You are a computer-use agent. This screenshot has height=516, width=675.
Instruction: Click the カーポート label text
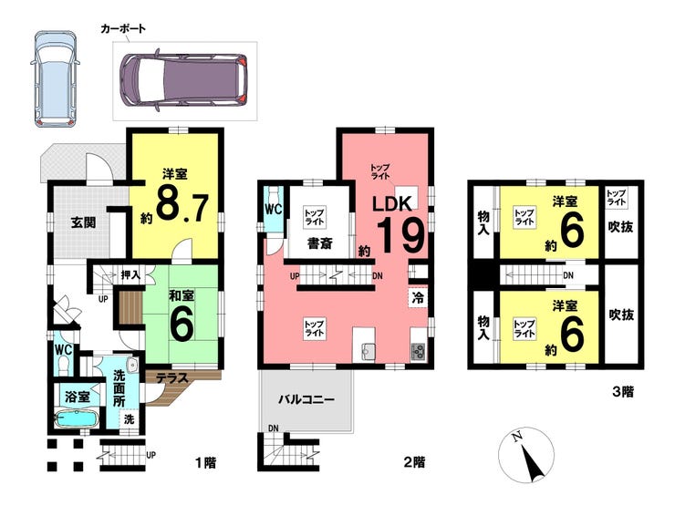(123, 29)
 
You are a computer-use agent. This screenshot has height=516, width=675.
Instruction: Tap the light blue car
(55, 78)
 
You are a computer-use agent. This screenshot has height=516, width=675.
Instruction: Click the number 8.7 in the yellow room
(182, 209)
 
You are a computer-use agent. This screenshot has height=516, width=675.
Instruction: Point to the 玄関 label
(84, 223)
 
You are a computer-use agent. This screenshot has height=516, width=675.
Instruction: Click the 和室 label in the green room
(182, 296)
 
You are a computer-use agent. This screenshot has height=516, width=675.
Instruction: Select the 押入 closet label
(130, 274)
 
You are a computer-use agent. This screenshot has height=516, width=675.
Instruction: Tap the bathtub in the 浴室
(77, 418)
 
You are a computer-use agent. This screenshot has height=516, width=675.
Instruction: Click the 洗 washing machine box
(130, 418)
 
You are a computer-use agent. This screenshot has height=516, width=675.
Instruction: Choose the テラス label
(171, 378)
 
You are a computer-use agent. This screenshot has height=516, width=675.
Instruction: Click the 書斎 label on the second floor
(320, 243)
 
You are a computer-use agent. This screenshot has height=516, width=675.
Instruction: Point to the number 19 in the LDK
(400, 234)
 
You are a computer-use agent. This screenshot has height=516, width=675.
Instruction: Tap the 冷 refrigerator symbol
(418, 298)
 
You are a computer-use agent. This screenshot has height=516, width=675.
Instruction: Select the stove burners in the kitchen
(418, 352)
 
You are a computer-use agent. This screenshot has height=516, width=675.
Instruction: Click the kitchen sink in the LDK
(367, 352)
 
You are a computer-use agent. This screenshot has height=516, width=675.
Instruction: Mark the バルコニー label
(306, 400)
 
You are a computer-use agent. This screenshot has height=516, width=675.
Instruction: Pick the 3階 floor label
(623, 392)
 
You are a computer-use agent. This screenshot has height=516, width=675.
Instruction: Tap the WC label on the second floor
(274, 210)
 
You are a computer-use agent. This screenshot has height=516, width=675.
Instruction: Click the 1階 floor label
(206, 463)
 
